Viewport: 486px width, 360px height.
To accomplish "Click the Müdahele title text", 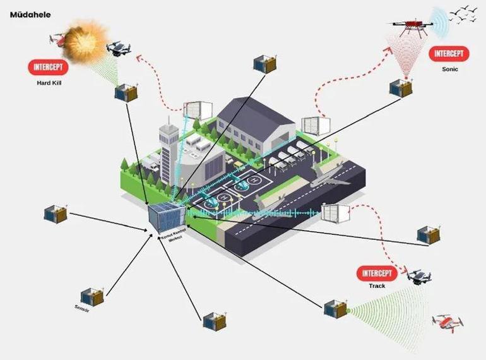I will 30,14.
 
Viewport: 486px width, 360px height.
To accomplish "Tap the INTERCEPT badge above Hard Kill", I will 49,67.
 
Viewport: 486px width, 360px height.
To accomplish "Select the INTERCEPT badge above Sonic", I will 449,54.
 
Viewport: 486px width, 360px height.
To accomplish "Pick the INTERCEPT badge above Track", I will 377,273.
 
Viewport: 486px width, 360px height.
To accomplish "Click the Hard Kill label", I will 49,83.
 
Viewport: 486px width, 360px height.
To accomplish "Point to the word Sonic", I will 450,69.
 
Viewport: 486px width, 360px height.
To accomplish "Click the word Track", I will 377,286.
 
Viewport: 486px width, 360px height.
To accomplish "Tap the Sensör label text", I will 83,308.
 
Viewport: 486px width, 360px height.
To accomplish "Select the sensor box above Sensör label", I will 92,296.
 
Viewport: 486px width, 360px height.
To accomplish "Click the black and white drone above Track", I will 419,276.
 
